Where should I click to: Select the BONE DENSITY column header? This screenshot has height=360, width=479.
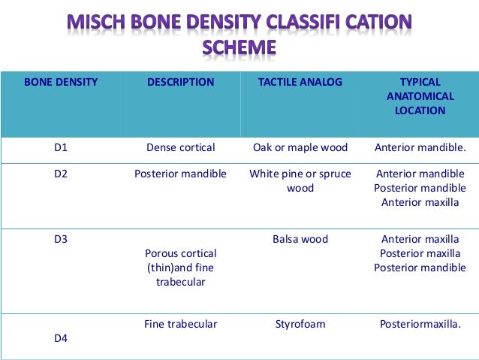coord(61,82)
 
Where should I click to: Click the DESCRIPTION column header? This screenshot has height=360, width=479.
coord(180,82)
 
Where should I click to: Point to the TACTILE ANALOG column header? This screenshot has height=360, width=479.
coord(300,82)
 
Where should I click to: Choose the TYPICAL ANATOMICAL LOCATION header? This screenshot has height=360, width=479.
coord(420,96)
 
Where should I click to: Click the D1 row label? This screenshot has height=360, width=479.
coord(61,147)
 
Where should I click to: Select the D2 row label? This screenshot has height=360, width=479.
coord(61,174)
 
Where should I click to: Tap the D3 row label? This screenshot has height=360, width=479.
coord(61,239)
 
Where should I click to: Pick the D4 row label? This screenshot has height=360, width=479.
coord(61,338)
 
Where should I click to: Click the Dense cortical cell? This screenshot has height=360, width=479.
coord(180,147)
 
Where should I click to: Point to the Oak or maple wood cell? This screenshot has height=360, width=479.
coord(300,147)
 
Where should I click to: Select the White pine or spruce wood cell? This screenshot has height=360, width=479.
coord(300,180)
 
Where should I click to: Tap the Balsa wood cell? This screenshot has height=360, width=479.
coord(300,239)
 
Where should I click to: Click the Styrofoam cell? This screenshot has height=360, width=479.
coord(300,324)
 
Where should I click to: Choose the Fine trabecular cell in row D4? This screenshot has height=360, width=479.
coord(180,324)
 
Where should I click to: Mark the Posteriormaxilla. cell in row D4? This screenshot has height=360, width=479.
coord(420,324)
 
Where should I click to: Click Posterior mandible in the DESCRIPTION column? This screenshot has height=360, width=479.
coord(180,174)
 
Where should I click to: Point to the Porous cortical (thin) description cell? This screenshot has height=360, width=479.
coord(180,268)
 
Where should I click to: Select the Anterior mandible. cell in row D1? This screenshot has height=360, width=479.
coord(420,147)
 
